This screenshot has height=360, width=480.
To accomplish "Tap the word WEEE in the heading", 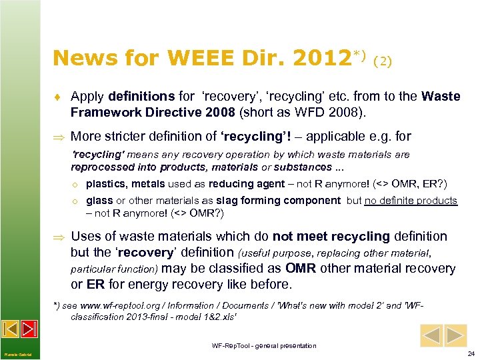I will point(193,59).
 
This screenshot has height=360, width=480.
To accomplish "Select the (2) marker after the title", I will point(383,61).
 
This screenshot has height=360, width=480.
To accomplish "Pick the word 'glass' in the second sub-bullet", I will point(99,201).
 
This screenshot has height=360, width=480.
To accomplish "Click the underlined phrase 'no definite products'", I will point(411,201).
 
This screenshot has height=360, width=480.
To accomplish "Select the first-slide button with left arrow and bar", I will point(11,329).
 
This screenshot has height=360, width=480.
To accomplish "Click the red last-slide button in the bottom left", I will point(29,329).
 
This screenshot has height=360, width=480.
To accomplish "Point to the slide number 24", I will point(471,353).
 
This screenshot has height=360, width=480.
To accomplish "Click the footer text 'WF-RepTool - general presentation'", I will point(264,345).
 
